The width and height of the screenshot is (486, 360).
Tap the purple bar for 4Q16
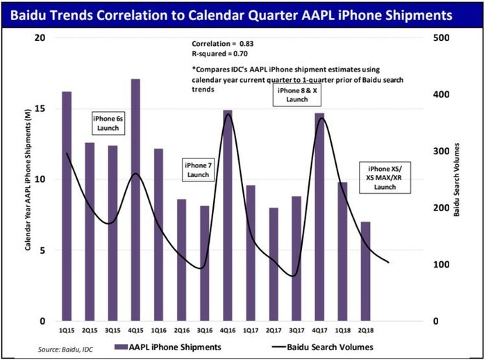[228, 215]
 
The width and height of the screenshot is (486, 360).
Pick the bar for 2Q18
[365, 271]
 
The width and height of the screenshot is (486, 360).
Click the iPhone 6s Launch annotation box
[108, 123]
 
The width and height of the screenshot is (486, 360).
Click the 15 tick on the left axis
[41, 108]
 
